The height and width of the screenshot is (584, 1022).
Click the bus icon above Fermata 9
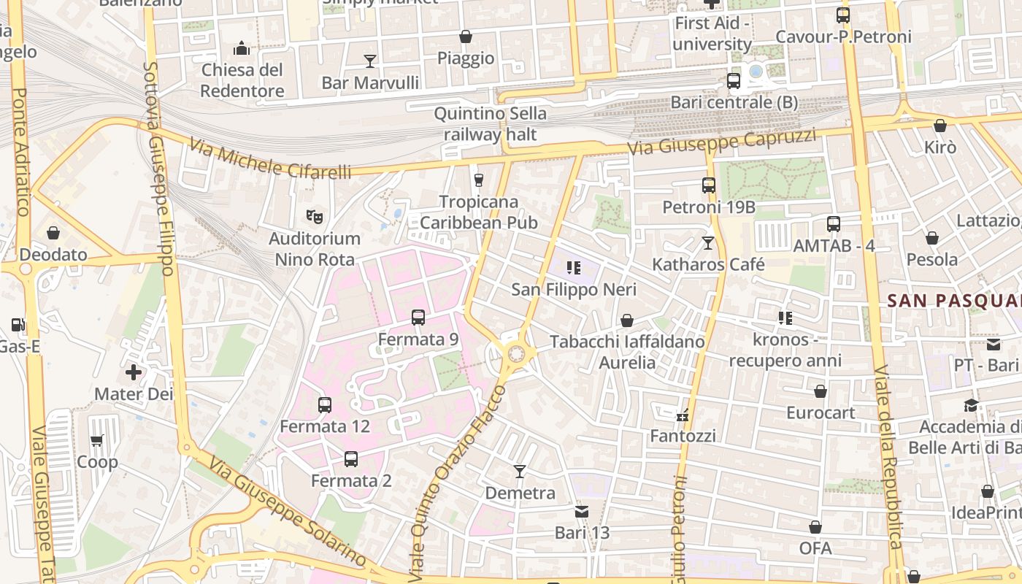pos(418,318)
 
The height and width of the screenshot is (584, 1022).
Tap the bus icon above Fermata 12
pos(325,404)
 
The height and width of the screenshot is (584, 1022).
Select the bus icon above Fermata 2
pos(351,459)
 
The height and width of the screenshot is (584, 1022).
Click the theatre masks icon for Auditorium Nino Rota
pos(315,217)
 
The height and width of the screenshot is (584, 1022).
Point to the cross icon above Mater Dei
pos(134,373)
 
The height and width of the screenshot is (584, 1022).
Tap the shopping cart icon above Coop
pos(97,440)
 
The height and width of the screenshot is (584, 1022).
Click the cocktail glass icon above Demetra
pos(520,472)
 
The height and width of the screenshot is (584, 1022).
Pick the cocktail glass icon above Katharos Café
pos(708,242)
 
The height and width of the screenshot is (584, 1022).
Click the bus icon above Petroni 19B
pos(709,185)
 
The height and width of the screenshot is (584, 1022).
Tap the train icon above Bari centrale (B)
pos(734,81)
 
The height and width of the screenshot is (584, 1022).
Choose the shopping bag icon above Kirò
pos(940,126)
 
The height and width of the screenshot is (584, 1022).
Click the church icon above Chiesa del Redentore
pos(242,49)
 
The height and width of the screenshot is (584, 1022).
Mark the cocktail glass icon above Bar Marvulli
pos(370,61)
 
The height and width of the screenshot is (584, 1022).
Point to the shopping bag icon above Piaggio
pos(466,36)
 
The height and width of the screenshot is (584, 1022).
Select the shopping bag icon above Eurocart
pos(821,391)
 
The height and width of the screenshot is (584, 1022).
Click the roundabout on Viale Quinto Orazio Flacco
pos(517,354)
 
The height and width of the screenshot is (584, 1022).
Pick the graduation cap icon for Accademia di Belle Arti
pos(971,405)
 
